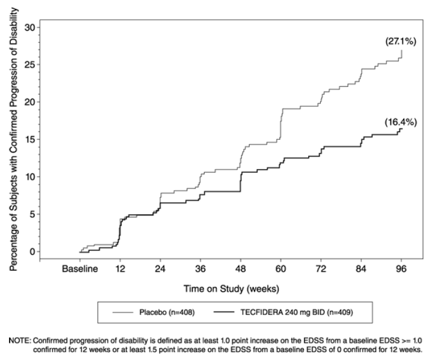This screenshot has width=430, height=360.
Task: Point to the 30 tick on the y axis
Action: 28,27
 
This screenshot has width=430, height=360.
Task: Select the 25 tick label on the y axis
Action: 28,64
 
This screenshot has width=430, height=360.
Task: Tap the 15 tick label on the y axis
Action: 28,139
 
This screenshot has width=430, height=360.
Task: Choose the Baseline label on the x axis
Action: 80,269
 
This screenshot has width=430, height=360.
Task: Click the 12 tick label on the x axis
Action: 120,269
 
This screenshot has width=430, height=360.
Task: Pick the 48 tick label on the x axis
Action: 241,269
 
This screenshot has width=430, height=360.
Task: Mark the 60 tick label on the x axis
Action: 281,269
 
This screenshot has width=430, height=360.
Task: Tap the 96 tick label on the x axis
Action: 401,269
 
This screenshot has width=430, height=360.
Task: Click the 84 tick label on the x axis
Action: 361,269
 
